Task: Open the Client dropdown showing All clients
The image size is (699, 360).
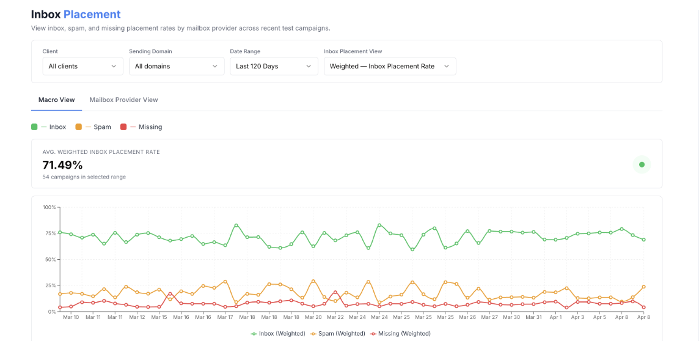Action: point(83,66)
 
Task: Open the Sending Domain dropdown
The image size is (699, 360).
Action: point(177,66)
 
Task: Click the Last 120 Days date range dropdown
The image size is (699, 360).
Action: point(274,66)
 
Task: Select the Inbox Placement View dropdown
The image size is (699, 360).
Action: point(390,66)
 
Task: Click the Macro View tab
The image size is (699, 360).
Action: point(57,100)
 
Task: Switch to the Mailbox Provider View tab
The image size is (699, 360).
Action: point(123,100)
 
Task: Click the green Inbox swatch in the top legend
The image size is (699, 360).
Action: point(34,127)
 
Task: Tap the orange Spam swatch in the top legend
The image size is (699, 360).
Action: point(78,127)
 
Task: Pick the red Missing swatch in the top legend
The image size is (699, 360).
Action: point(123,127)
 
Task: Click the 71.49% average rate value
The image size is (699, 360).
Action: point(62,165)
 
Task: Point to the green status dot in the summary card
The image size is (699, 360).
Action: point(642,164)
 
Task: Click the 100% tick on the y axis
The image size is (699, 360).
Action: point(49,207)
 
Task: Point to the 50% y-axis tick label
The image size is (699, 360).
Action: point(50,260)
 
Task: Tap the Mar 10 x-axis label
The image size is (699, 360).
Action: point(71,318)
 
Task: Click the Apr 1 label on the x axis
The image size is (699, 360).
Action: point(555,318)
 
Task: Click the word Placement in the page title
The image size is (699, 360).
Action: point(92,14)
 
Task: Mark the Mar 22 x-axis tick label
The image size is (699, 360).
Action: point(335,318)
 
